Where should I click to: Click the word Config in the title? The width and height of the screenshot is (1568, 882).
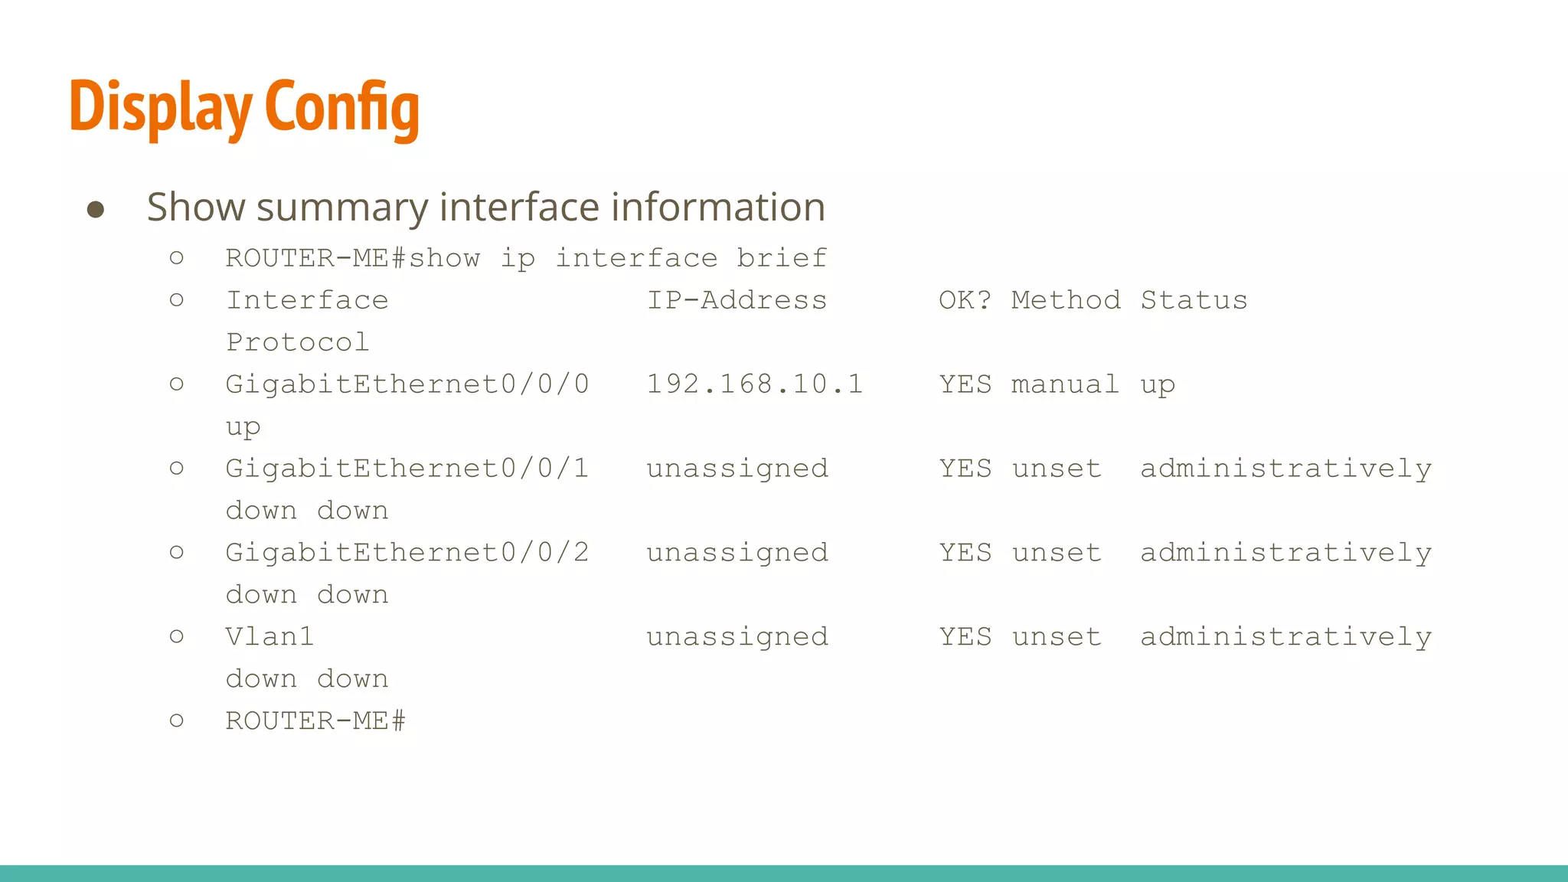342,107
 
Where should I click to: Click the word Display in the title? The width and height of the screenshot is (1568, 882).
161,107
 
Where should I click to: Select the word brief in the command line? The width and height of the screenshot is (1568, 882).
782,258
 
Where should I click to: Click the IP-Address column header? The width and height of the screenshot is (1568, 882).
737,300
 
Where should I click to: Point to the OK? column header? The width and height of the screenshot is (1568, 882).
965,300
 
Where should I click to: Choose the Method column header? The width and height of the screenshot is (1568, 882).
1066,300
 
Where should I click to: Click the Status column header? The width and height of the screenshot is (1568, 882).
1194,300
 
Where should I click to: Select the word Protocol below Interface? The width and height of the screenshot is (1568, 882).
298,342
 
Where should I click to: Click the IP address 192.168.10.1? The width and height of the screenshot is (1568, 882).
754,384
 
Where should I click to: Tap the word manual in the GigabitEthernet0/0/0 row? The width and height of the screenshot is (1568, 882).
1065,384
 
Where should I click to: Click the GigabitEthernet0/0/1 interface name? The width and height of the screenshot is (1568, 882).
407,469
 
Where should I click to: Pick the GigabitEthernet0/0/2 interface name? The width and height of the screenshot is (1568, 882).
407,553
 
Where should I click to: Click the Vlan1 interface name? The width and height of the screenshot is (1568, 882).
269,637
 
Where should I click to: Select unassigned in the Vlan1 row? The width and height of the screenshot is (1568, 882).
737,637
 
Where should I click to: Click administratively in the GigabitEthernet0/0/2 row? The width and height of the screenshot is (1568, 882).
1285,553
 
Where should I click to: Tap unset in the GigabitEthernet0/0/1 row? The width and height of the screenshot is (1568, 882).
1057,469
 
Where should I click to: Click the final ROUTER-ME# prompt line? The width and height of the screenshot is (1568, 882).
315,721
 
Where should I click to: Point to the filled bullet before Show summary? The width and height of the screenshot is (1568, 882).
96,209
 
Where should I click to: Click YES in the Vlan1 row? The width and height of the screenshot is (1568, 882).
965,637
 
